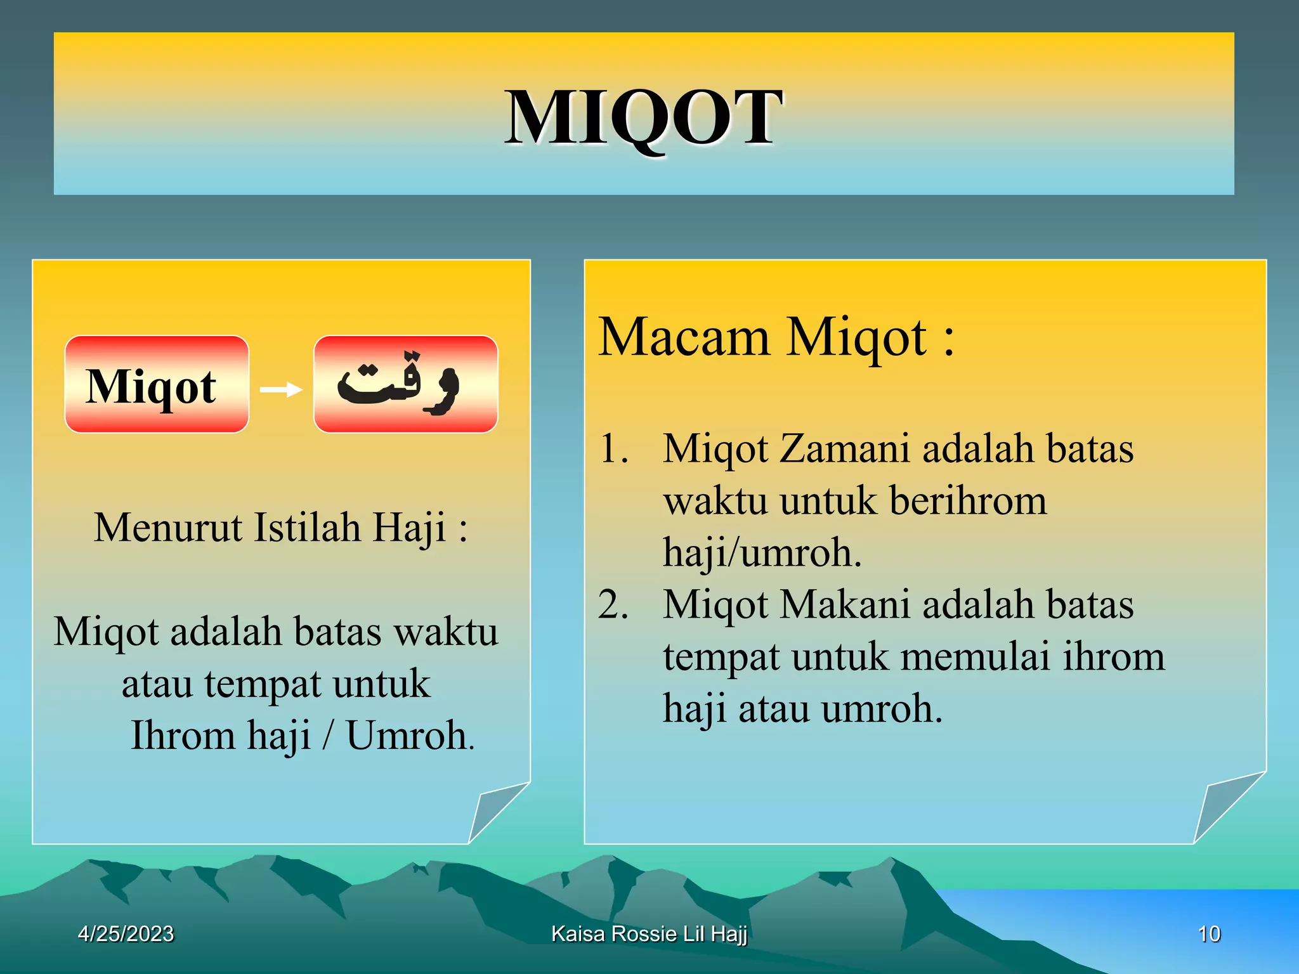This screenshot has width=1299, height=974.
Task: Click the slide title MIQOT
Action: (643, 118)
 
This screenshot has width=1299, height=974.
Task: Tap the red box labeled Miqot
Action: (157, 384)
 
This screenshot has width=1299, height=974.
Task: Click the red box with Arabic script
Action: (405, 384)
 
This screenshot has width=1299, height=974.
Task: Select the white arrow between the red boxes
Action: (281, 389)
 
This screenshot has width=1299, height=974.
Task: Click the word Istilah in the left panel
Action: (307, 527)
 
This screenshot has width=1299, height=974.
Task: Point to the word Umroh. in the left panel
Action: (410, 736)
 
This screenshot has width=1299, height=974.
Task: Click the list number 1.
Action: (613, 449)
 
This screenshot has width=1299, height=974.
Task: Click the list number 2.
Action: (613, 604)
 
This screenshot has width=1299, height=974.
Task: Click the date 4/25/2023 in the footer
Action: (126, 933)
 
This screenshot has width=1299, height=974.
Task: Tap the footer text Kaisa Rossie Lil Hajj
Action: (649, 933)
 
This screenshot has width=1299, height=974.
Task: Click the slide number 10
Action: (1208, 933)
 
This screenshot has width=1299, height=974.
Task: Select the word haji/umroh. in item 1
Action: (762, 552)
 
